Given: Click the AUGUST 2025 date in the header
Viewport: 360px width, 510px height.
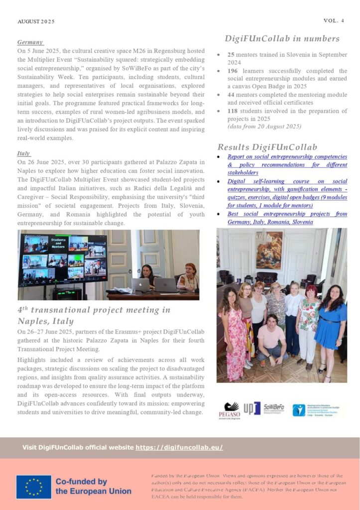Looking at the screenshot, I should pyautogui.click(x=36, y=21).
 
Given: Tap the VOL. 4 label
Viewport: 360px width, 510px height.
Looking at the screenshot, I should pyautogui.click(x=334, y=20).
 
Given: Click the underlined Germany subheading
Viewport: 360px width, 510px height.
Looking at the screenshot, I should pyautogui.click(x=30, y=42).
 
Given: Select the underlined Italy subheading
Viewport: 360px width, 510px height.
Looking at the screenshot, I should pyautogui.click(x=24, y=154).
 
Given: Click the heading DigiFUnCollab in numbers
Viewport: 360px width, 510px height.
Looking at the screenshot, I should pyautogui.click(x=282, y=39).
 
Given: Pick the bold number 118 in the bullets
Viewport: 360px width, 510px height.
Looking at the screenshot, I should pyautogui.click(x=233, y=111).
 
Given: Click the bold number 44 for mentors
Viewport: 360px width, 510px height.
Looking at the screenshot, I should pyautogui.click(x=231, y=95).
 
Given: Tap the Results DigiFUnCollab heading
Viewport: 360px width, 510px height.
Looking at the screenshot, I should pyautogui.click(x=267, y=147).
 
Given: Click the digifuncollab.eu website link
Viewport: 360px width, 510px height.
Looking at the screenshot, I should pyautogui.click(x=179, y=447).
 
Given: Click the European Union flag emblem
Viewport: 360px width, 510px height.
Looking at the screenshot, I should pyautogui.click(x=33, y=487).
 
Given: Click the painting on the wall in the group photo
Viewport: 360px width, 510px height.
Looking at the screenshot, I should pyautogui.click(x=269, y=249).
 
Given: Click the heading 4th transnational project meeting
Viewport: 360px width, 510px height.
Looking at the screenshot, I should pyautogui.click(x=94, y=315).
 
